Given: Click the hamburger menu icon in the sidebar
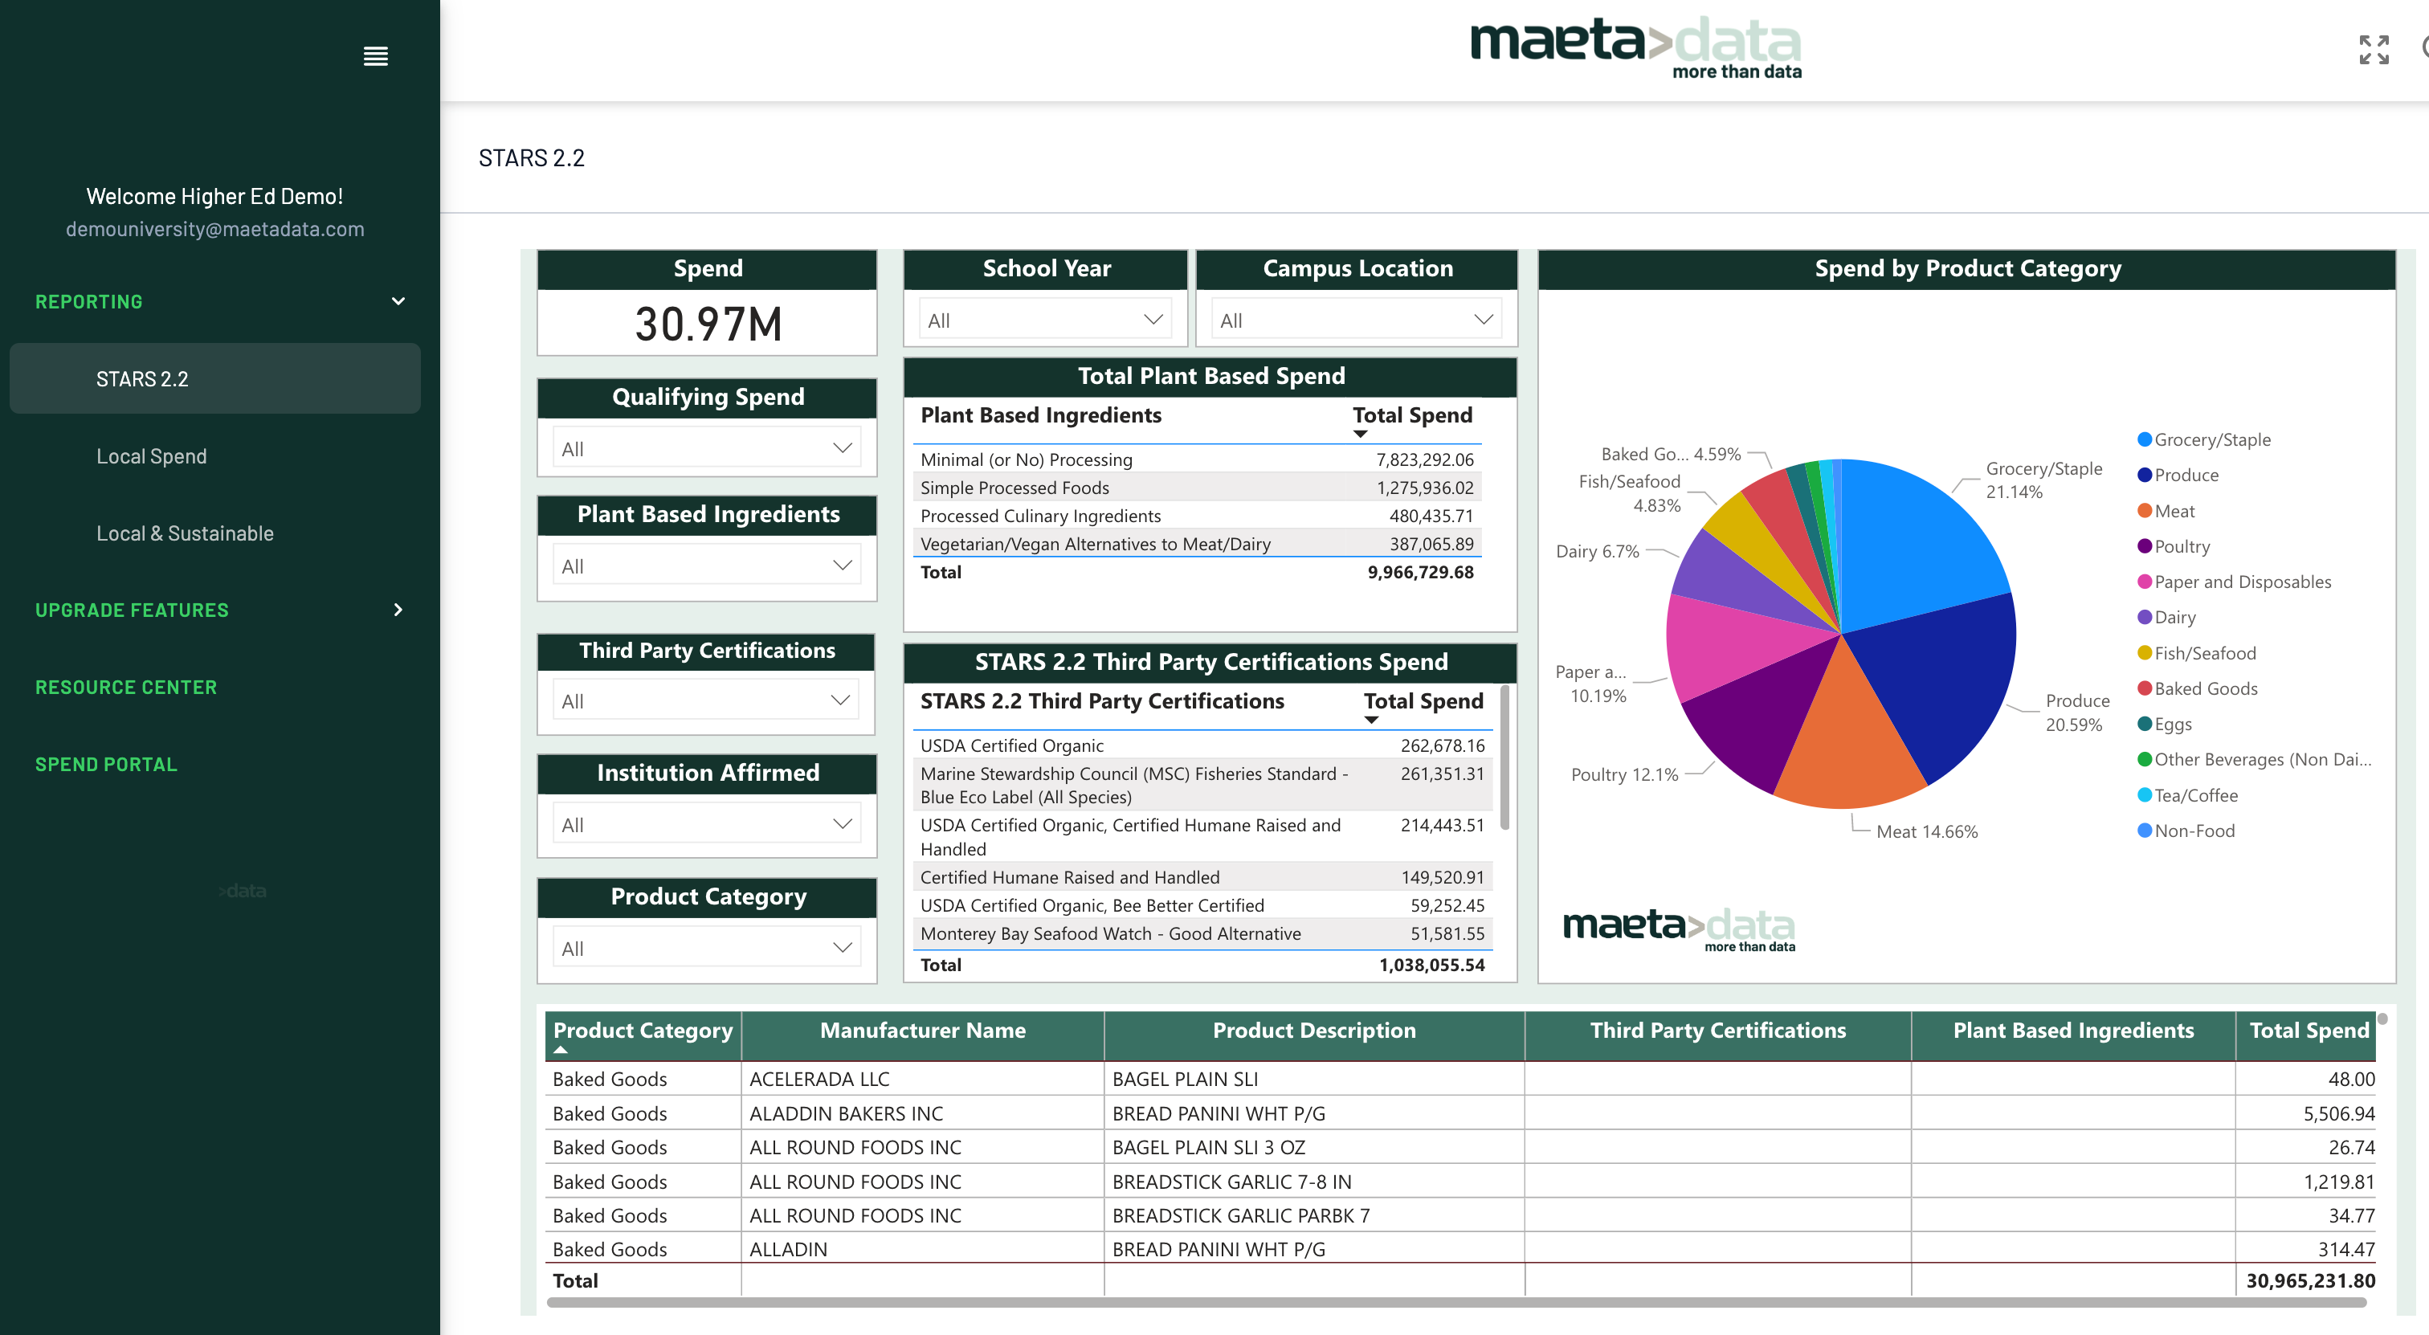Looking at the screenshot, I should pyautogui.click(x=375, y=56).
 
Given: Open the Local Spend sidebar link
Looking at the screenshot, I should pyautogui.click(x=151, y=456).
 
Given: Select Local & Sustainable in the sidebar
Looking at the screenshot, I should pyautogui.click(x=185, y=533).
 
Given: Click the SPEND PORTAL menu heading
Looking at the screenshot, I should pyautogui.click(x=105, y=765).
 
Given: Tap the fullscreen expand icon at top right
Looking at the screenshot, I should pyautogui.click(x=2374, y=50).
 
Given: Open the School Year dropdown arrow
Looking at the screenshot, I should pyautogui.click(x=1153, y=320).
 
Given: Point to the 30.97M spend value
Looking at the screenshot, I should pyautogui.click(x=708, y=325).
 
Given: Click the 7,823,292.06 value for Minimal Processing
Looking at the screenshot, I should pyautogui.click(x=1424, y=460).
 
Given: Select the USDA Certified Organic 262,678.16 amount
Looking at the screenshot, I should pyautogui.click(x=1442, y=745).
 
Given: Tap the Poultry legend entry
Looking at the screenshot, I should pyautogui.click(x=2181, y=547).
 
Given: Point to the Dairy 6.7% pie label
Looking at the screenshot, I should pyautogui.click(x=1598, y=552).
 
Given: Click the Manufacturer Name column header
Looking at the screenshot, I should pyautogui.click(x=922, y=1031).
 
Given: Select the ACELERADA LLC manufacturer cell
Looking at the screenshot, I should pyautogui.click(x=819, y=1080).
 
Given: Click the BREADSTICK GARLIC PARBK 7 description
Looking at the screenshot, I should pyautogui.click(x=1240, y=1216).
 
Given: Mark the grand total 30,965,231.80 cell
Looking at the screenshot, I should pyautogui.click(x=2309, y=1281).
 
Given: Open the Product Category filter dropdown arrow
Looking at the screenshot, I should pyautogui.click(x=842, y=949).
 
